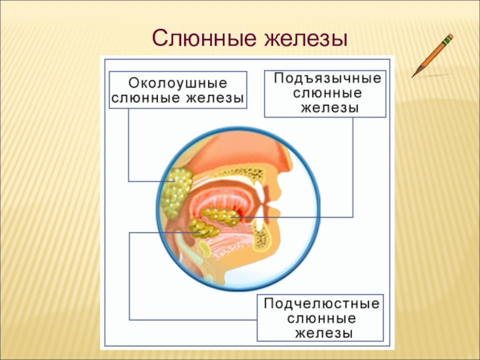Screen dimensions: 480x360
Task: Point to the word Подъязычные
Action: pyautogui.click(x=328, y=79)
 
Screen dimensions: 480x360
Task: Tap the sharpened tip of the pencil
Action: pyautogui.click(x=413, y=76)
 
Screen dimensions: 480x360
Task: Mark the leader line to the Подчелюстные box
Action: pyautogui.click(x=130, y=276)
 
